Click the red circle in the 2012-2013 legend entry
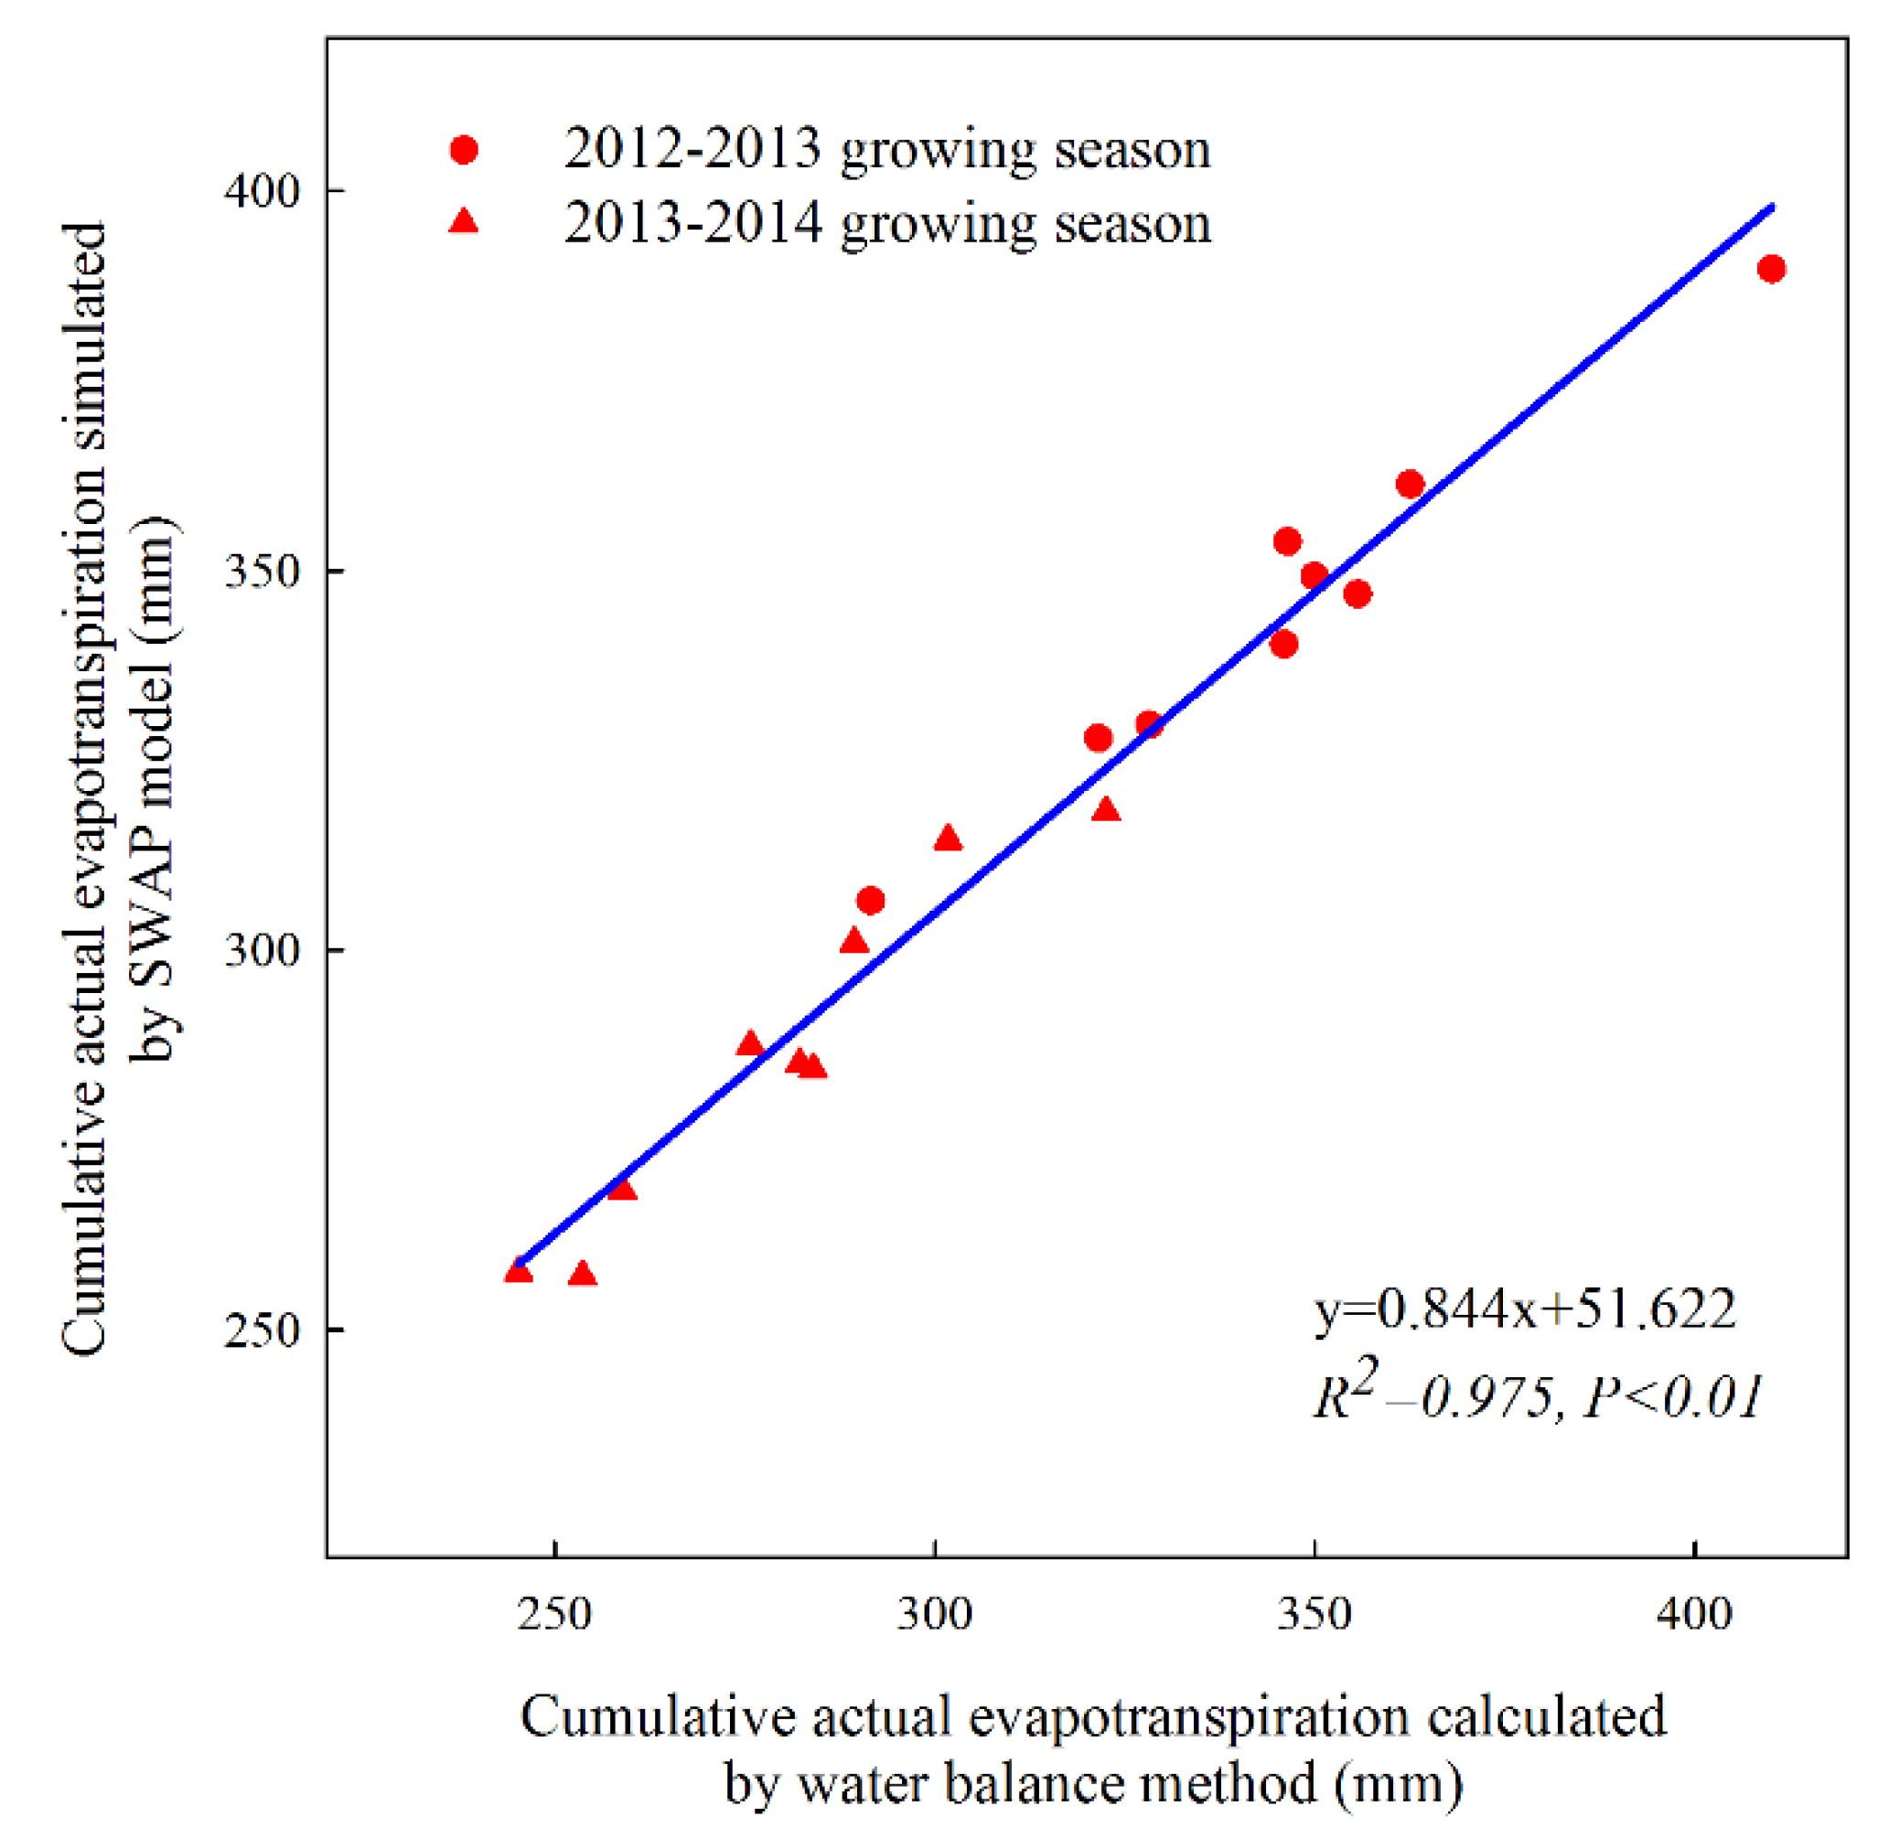(464, 150)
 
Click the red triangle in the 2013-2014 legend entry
(465, 223)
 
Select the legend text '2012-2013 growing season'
(886, 150)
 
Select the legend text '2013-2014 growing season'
(886, 223)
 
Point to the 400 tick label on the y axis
(263, 191)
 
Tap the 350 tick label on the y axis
(263, 572)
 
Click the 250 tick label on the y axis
(263, 1330)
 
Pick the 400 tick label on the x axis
(1694, 1613)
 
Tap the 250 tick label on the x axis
(554, 1613)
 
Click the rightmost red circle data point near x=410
(1771, 270)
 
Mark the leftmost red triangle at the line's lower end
(519, 1272)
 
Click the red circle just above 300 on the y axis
(870, 901)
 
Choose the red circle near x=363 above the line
(1410, 485)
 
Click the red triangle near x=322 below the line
(1107, 810)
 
